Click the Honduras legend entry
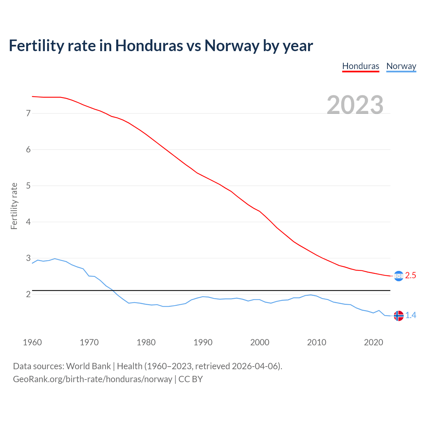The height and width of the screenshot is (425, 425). pos(361,66)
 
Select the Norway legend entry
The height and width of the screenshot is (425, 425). pos(401,66)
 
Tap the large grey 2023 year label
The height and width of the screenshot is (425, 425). pos(355,105)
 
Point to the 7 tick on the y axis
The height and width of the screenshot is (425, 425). pos(28,113)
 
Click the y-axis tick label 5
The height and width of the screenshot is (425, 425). pos(28,186)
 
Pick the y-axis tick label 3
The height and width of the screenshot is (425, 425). pos(28,258)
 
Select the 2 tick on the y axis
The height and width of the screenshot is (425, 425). pos(28,294)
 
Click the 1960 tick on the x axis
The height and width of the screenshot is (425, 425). pos(32,342)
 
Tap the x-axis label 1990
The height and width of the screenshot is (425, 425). pos(203,342)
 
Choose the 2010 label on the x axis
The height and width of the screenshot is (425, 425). pos(316,342)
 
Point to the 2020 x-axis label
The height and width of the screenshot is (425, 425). pos(374,342)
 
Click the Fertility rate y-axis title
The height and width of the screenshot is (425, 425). pos(14,206)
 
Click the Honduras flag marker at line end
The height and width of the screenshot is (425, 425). pos(398,276)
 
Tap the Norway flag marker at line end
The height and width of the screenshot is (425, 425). pos(398,315)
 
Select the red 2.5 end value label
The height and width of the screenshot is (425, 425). pos(410,276)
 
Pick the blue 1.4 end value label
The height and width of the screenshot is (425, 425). pos(411,315)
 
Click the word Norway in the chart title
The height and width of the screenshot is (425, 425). pos(232,45)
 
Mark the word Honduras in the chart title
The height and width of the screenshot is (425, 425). pos(149,45)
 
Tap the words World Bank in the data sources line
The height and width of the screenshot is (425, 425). pos(88,366)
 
